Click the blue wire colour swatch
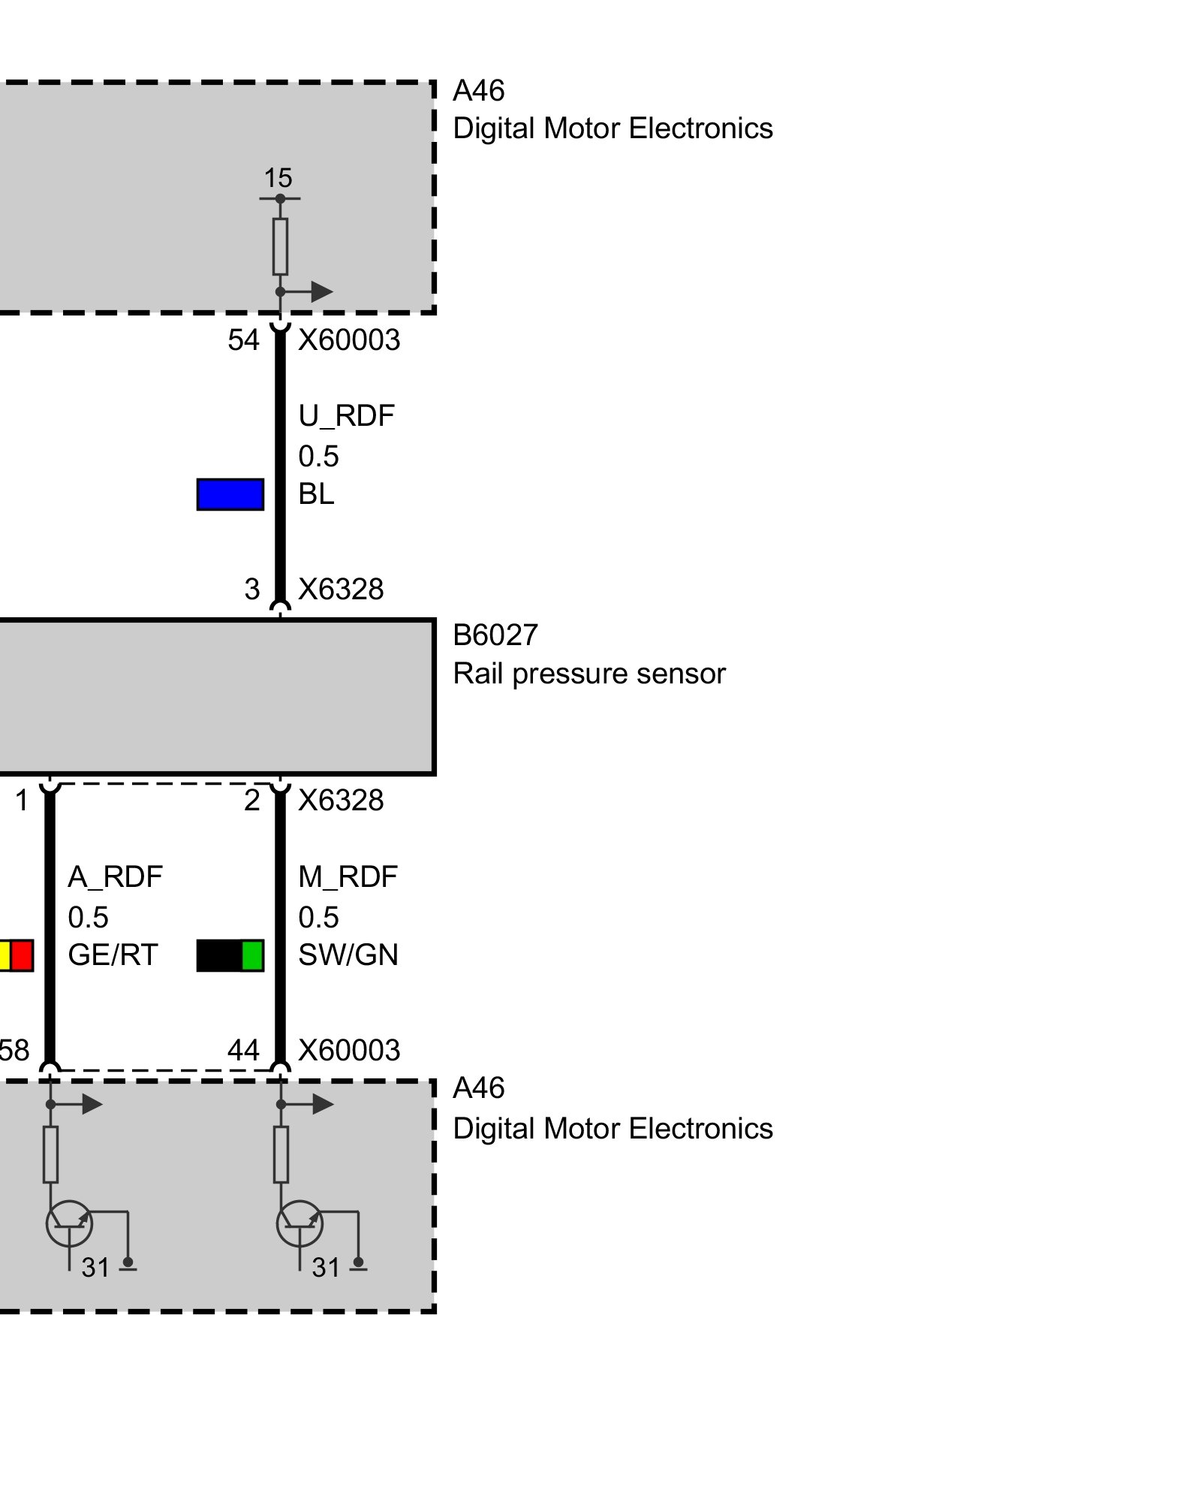click(x=230, y=494)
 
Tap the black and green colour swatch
click(x=230, y=955)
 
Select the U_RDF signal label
click(x=346, y=416)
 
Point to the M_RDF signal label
click(x=348, y=876)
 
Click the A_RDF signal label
click(x=115, y=876)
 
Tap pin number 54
click(x=243, y=340)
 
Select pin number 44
click(x=243, y=1050)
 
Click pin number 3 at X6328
click(x=252, y=590)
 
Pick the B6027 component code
click(x=495, y=635)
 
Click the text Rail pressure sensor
click(x=589, y=674)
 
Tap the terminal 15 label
click(x=278, y=179)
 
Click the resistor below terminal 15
click(x=280, y=246)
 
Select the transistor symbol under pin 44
click(x=299, y=1223)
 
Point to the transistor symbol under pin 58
click(x=69, y=1223)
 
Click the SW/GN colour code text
click(x=348, y=955)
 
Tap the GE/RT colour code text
click(x=113, y=955)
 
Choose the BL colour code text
click(x=316, y=494)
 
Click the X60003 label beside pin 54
click(x=349, y=340)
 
